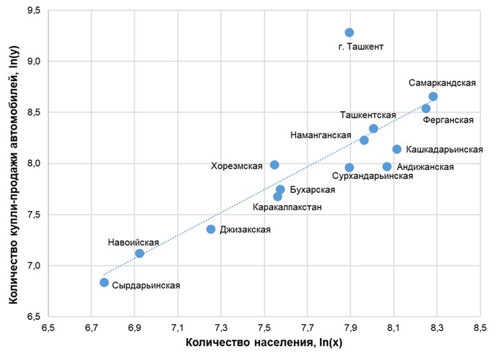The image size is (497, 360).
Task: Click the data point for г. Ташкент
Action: click(349, 33)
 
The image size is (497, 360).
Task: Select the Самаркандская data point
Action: click(433, 96)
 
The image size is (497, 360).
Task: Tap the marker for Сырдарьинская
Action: click(104, 283)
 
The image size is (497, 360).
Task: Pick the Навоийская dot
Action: click(140, 253)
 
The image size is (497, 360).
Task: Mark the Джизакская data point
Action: click(210, 229)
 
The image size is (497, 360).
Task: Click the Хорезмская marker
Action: click(274, 165)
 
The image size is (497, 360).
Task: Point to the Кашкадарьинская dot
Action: click(397, 149)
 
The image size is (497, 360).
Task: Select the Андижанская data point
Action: click(387, 166)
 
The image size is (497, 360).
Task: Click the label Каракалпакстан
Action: click(287, 207)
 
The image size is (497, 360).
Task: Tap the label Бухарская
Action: click(313, 190)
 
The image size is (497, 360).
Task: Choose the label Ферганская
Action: click(449, 120)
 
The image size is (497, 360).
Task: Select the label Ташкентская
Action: click(368, 115)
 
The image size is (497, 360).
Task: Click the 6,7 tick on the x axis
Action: click(91, 327)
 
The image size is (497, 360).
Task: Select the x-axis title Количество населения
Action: click(263, 342)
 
